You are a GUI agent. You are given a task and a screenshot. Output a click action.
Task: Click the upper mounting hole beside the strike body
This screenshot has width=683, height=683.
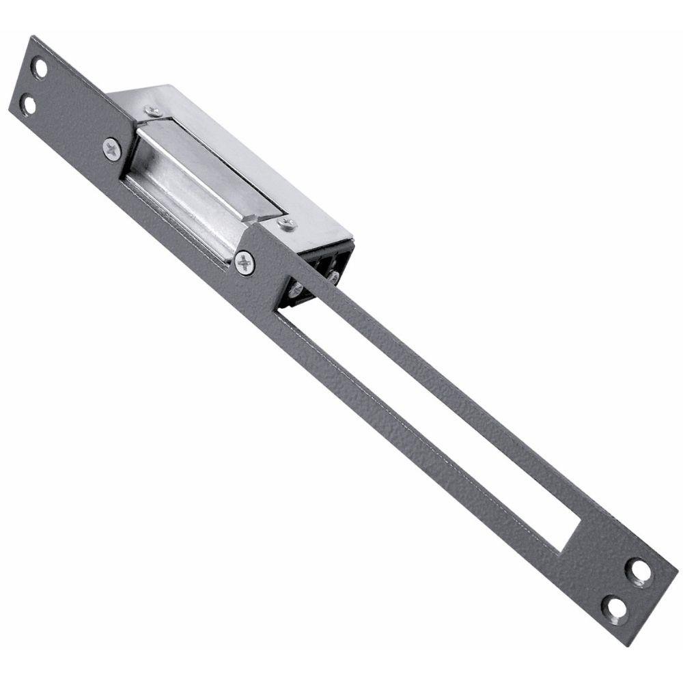42,69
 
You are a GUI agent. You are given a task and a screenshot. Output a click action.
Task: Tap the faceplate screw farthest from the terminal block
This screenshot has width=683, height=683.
112,148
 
